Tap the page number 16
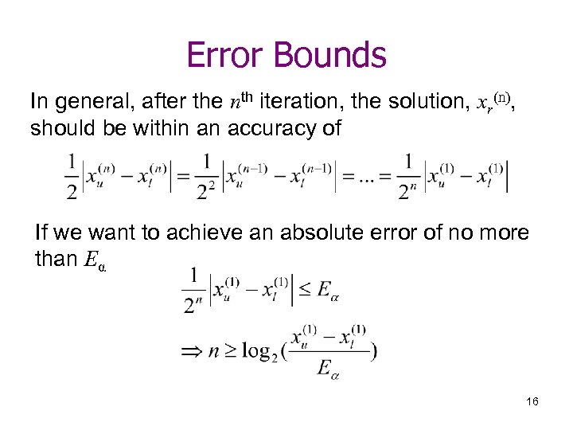(x=532, y=401)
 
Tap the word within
(x=149, y=127)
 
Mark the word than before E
(x=55, y=260)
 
